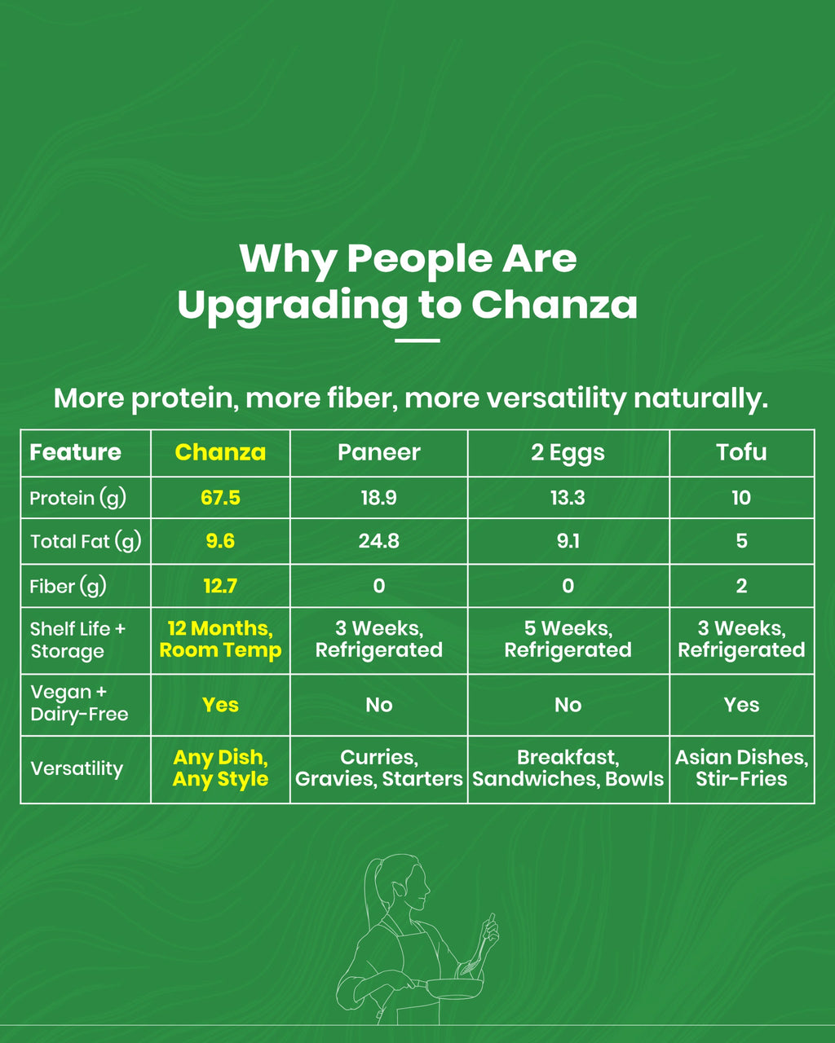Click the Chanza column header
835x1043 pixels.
pos(220,452)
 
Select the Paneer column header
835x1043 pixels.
pos(378,452)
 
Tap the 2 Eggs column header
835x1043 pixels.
pos(568,452)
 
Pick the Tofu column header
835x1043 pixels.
pos(741,452)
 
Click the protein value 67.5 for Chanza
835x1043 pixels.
pos(220,498)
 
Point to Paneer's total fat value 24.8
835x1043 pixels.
pos(378,541)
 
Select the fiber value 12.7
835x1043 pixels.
pos(220,586)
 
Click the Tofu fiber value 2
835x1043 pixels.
pos(741,586)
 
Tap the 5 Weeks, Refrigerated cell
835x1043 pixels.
pos(568,640)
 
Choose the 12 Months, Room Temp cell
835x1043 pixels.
pos(220,640)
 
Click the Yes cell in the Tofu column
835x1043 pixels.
pos(741,705)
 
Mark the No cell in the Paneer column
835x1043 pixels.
pos(378,705)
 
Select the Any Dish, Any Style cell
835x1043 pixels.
pos(220,768)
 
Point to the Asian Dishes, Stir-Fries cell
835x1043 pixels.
pos(741,768)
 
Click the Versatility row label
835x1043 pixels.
pos(77,768)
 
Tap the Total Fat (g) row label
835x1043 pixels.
pos(85,541)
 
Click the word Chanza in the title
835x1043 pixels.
pos(554,305)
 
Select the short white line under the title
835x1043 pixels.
pos(417,341)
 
